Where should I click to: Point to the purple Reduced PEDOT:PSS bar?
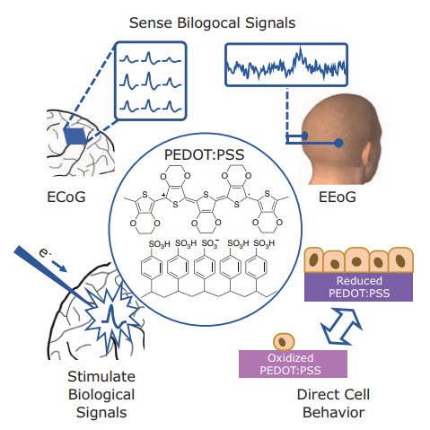click(x=357, y=286)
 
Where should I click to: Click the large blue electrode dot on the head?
click(x=338, y=143)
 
